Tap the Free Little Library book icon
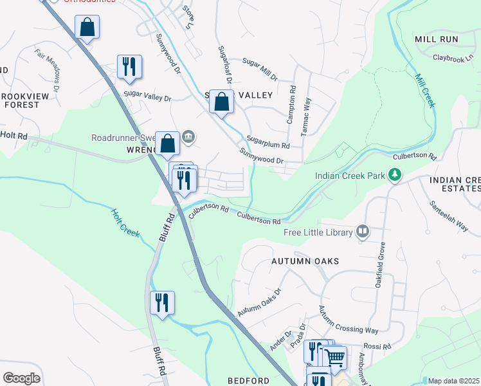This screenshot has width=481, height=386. (x=363, y=232)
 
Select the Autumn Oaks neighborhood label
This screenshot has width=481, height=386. (x=305, y=261)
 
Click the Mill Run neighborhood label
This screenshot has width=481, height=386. (x=437, y=39)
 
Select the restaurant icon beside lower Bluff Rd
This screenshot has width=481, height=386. (x=162, y=302)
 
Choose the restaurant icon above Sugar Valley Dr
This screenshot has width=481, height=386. (x=129, y=66)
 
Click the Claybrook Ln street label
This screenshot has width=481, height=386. (x=457, y=58)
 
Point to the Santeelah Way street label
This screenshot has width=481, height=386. (x=449, y=216)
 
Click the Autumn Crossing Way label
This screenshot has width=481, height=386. (x=349, y=320)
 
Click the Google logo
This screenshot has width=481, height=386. (x=21, y=378)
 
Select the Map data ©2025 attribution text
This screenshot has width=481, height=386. (x=453, y=381)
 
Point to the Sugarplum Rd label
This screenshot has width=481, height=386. (x=268, y=142)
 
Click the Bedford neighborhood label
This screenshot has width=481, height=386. (x=248, y=381)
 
